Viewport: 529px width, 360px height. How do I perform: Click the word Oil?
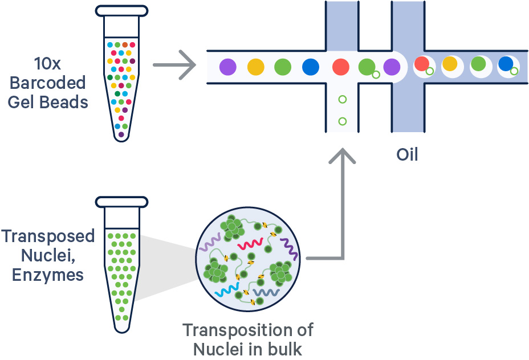[x=407, y=154]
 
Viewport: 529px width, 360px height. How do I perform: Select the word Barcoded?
[x=55, y=83]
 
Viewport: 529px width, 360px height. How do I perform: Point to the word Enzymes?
[x=50, y=276]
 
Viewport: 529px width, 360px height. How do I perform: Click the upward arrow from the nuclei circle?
[x=342, y=199]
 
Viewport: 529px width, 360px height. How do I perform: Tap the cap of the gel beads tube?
[x=121, y=10]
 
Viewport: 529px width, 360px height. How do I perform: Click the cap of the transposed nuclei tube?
[x=121, y=202]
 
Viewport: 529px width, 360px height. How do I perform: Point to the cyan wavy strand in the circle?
[x=229, y=292]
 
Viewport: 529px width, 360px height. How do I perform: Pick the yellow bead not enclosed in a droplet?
[x=256, y=67]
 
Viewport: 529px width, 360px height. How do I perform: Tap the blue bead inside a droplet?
[x=505, y=64]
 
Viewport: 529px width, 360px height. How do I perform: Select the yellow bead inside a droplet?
[x=450, y=64]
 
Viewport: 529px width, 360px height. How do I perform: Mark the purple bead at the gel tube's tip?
[x=121, y=134]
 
